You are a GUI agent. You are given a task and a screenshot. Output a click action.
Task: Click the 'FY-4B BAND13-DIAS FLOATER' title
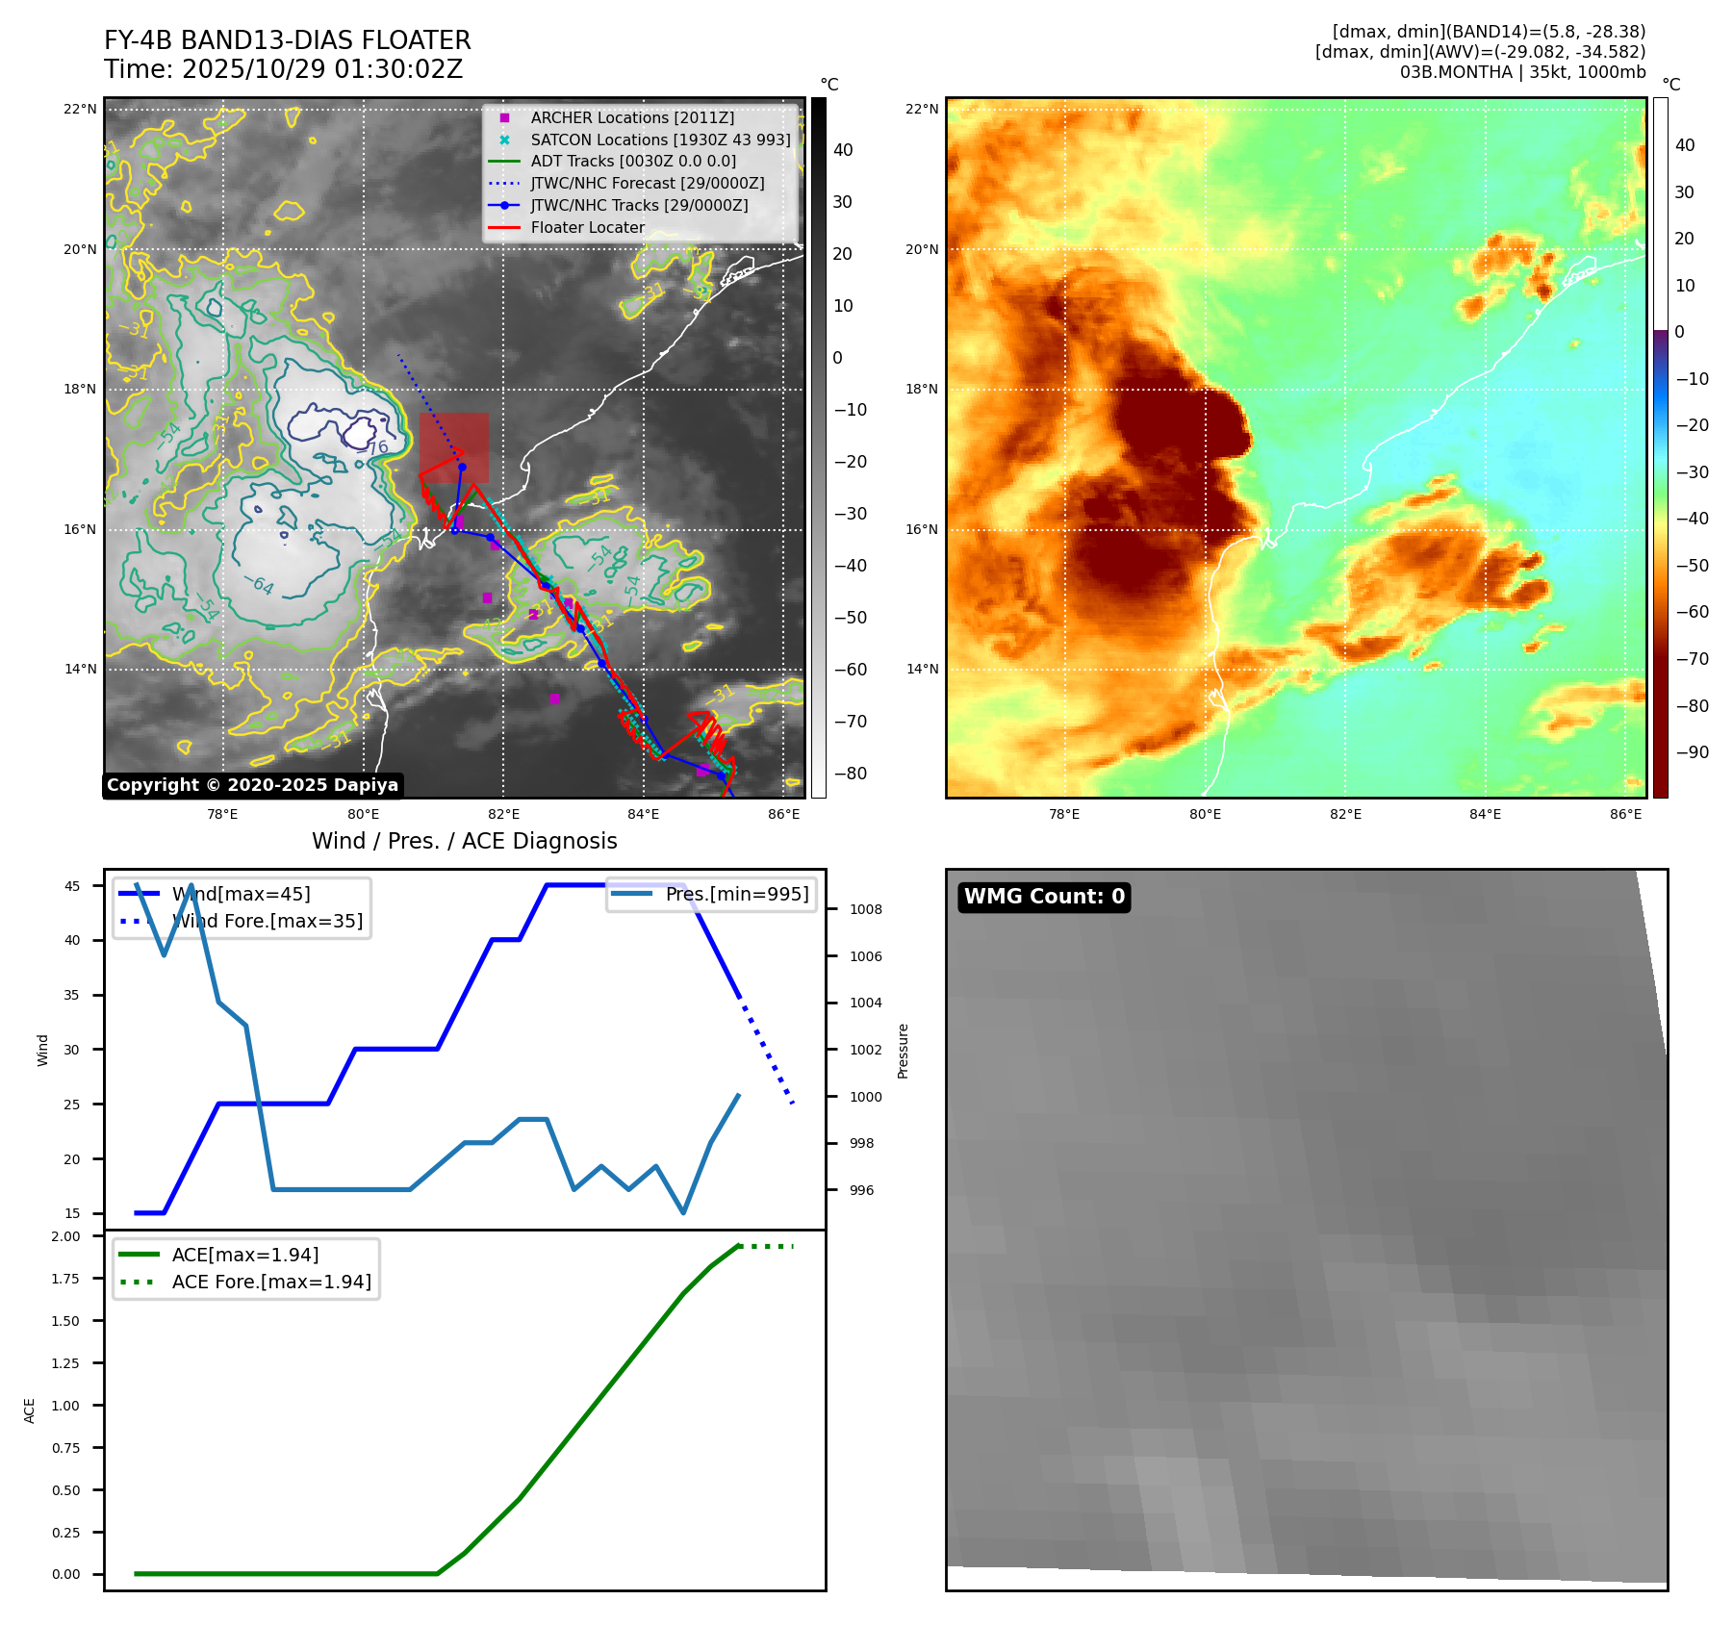(x=287, y=40)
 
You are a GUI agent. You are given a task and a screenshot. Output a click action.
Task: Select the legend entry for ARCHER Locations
(x=631, y=117)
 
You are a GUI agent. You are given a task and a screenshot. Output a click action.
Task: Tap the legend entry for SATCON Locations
(x=659, y=140)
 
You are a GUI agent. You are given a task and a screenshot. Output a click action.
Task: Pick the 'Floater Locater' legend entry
(x=587, y=227)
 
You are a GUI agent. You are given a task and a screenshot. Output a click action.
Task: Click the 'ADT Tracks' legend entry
(x=632, y=161)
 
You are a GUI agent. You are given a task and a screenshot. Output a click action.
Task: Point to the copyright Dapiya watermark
(x=252, y=785)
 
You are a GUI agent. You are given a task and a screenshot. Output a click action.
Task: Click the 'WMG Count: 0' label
(x=1044, y=897)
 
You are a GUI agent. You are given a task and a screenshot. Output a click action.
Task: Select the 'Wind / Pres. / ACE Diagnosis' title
(x=464, y=841)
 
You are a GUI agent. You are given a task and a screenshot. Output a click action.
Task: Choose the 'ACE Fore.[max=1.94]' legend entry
(x=270, y=1282)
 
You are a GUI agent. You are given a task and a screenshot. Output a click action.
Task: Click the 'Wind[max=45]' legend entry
(x=241, y=894)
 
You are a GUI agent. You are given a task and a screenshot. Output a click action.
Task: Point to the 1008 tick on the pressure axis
(x=865, y=909)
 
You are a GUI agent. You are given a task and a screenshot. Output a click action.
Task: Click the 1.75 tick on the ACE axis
(x=65, y=1279)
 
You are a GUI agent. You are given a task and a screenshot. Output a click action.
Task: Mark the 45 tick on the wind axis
(x=72, y=886)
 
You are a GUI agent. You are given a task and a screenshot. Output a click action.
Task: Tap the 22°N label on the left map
(x=80, y=109)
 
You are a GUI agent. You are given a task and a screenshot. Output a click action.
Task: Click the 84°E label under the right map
(x=1485, y=814)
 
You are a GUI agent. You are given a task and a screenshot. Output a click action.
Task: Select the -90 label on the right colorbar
(x=1692, y=752)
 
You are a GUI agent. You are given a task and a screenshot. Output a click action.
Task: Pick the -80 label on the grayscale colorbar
(x=850, y=774)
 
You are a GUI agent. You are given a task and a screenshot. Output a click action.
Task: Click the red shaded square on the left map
(x=453, y=447)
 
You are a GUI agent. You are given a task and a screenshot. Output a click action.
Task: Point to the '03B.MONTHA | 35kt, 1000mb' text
(x=1522, y=72)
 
